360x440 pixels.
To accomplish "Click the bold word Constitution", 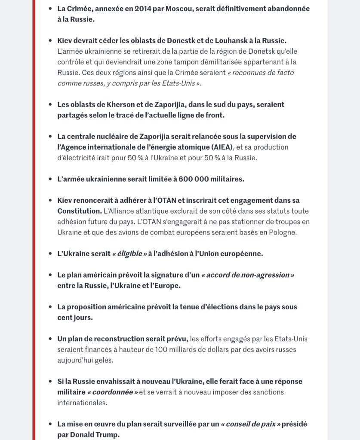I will click(79, 211).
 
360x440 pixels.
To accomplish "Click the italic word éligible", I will click(130, 254).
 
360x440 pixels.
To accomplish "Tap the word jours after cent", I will click(83, 318).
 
